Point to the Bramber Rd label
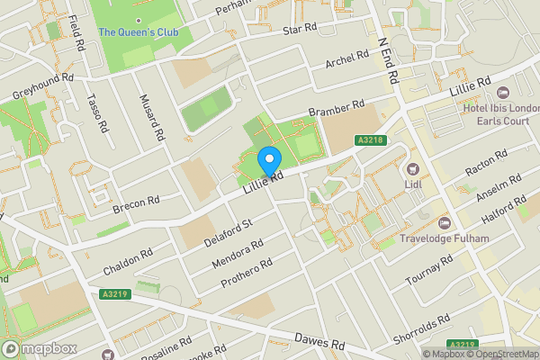tap(335, 108)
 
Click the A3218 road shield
tap(370, 139)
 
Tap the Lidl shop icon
tap(415, 168)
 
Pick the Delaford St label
tap(229, 230)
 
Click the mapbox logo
tap(39, 348)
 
